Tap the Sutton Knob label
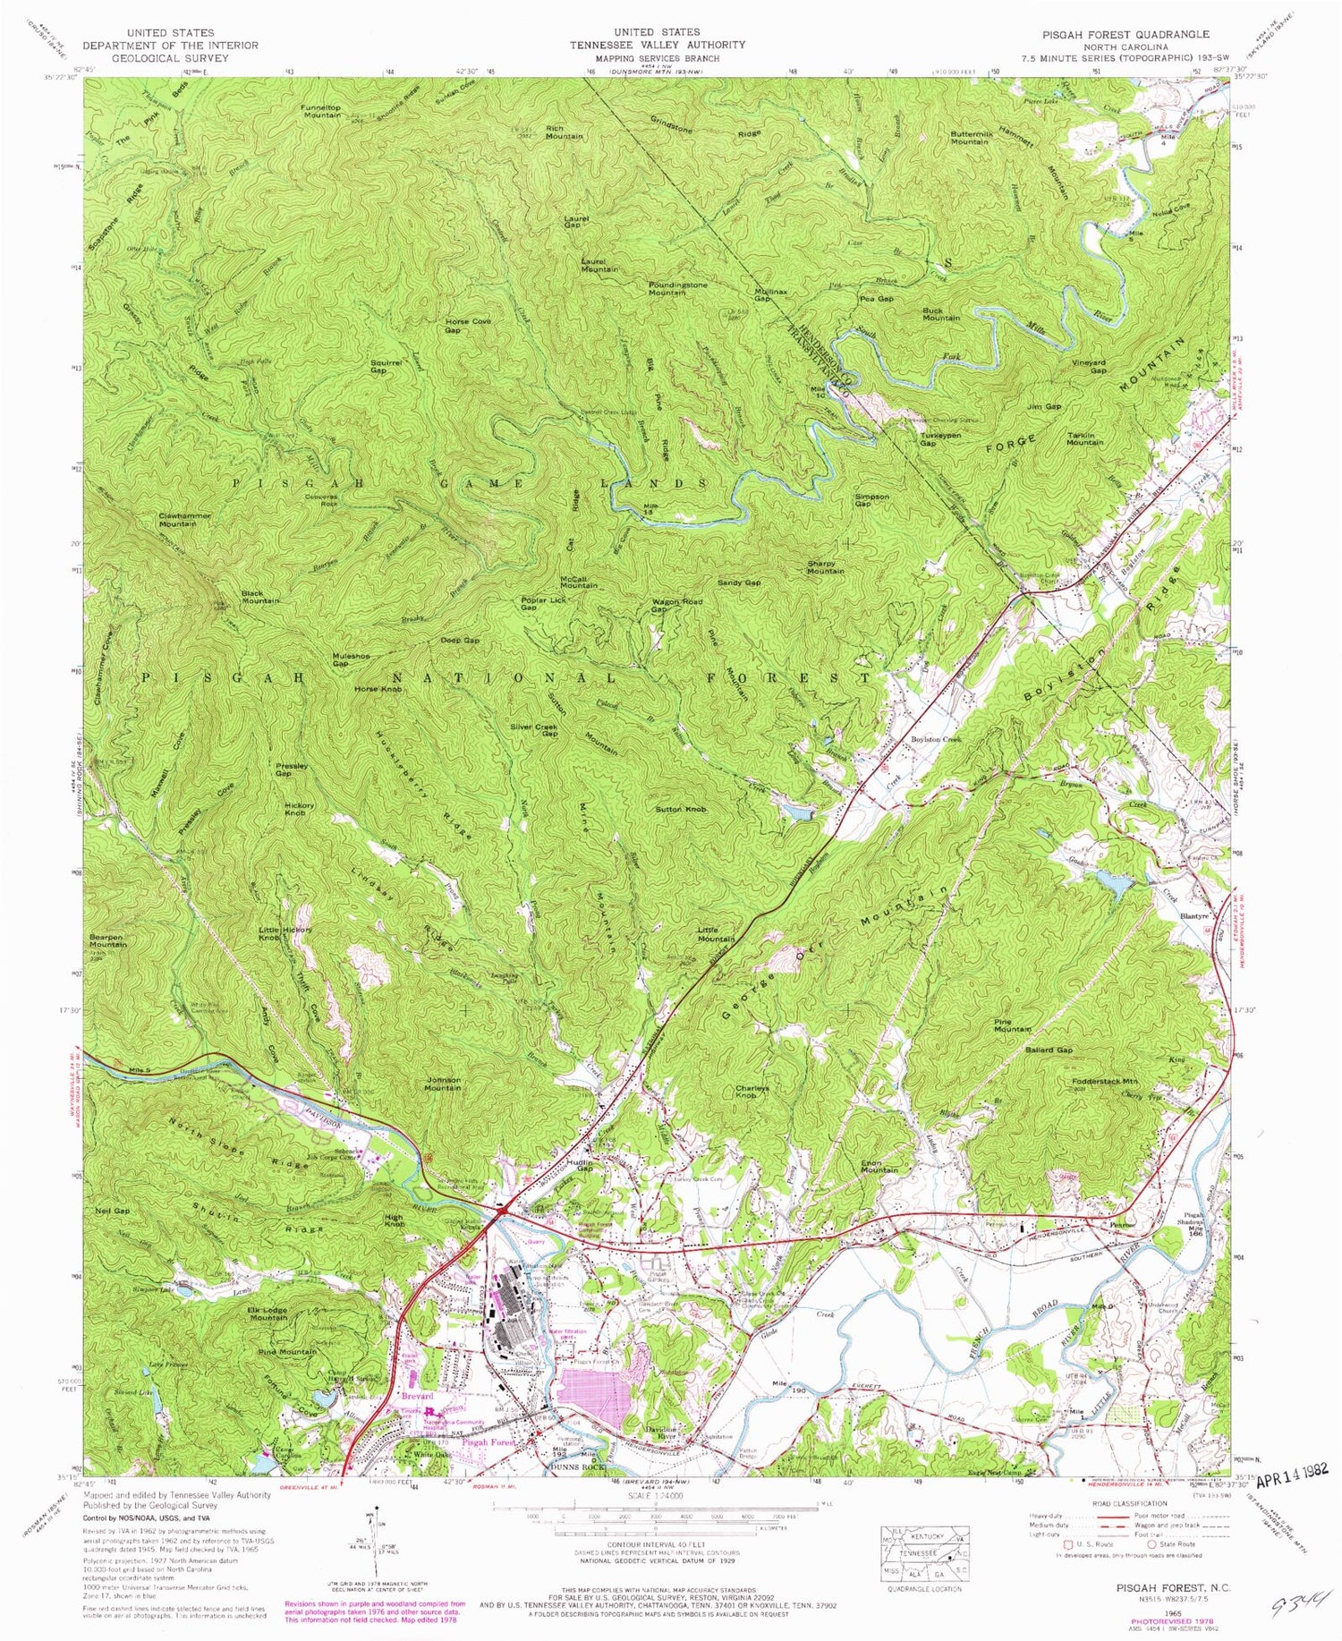click(x=681, y=809)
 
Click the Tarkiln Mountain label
click(x=1085, y=438)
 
